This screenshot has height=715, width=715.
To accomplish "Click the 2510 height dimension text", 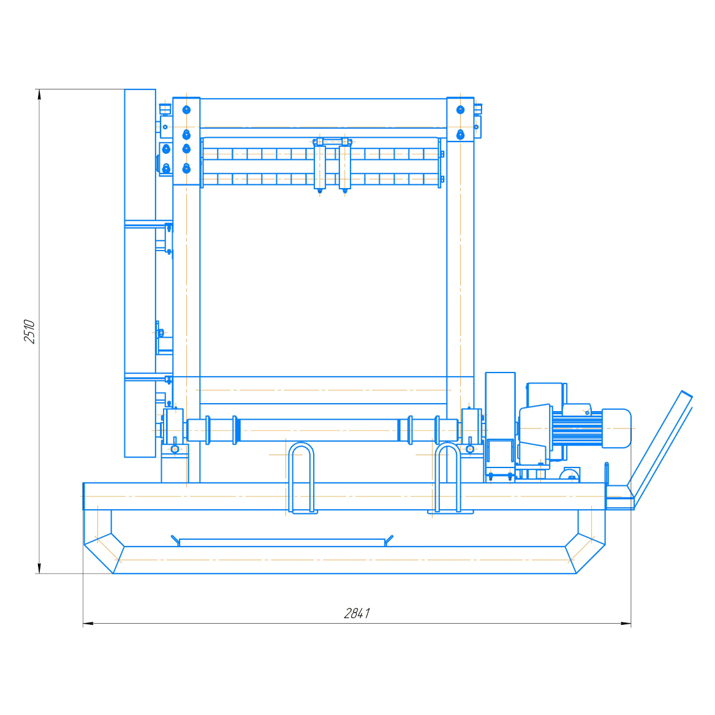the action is (x=29, y=331).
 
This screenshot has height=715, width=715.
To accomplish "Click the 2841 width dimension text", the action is (x=357, y=613).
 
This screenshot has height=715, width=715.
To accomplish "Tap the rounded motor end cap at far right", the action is (x=616, y=428).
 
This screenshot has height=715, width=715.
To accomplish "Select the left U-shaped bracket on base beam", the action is (x=301, y=477).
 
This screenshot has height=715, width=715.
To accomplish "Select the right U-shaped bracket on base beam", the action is (x=448, y=477).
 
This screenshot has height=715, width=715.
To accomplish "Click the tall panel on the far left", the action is (x=140, y=273).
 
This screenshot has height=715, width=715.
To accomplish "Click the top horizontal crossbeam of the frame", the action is (x=323, y=113).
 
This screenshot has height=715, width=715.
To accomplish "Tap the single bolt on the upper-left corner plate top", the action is (x=186, y=110).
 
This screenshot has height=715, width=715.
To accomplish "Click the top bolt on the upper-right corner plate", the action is (x=461, y=110).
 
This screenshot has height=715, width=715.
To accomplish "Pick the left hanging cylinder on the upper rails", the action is (x=320, y=165).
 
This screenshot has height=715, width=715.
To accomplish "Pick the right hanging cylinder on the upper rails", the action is (x=345, y=165).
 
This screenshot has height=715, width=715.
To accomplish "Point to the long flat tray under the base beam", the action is (x=282, y=542).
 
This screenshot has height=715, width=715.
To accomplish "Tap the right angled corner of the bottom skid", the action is (x=585, y=553).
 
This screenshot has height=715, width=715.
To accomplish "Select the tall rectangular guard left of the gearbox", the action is (x=500, y=420).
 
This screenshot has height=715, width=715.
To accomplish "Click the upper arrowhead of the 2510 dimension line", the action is (x=39, y=94).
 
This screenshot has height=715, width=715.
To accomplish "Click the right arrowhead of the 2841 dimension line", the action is (x=626, y=623).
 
